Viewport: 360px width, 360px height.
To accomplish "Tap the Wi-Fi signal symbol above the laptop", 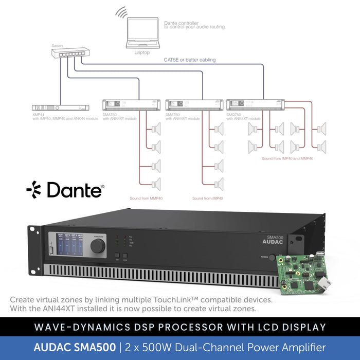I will (121, 13).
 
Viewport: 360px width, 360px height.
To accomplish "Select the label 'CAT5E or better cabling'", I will (190, 60).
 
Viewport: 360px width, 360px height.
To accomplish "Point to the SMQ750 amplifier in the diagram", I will (256, 104).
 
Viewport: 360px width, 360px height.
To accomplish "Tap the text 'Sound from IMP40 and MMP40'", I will (287, 158).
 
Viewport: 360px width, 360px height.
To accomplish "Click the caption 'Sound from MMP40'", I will (147, 198).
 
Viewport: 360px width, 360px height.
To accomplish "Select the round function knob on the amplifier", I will (98, 245).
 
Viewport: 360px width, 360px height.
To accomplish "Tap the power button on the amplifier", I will (272, 257).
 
